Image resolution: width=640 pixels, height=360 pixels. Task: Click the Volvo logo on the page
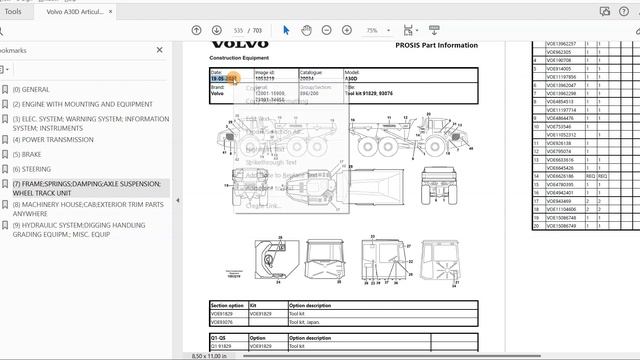click(239, 44)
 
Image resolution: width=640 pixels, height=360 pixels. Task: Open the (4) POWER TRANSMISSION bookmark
click(59, 140)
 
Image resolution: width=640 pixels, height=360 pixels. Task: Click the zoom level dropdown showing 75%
click(376, 30)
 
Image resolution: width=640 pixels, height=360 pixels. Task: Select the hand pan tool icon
click(307, 30)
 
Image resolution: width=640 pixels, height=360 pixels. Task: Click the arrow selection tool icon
click(287, 30)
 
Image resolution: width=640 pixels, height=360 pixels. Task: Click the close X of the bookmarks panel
click(160, 49)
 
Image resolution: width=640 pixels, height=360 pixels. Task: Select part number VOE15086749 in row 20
click(560, 225)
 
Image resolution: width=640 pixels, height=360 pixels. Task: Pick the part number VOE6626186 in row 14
click(560, 175)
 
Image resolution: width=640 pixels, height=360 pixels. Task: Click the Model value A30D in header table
click(352, 78)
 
